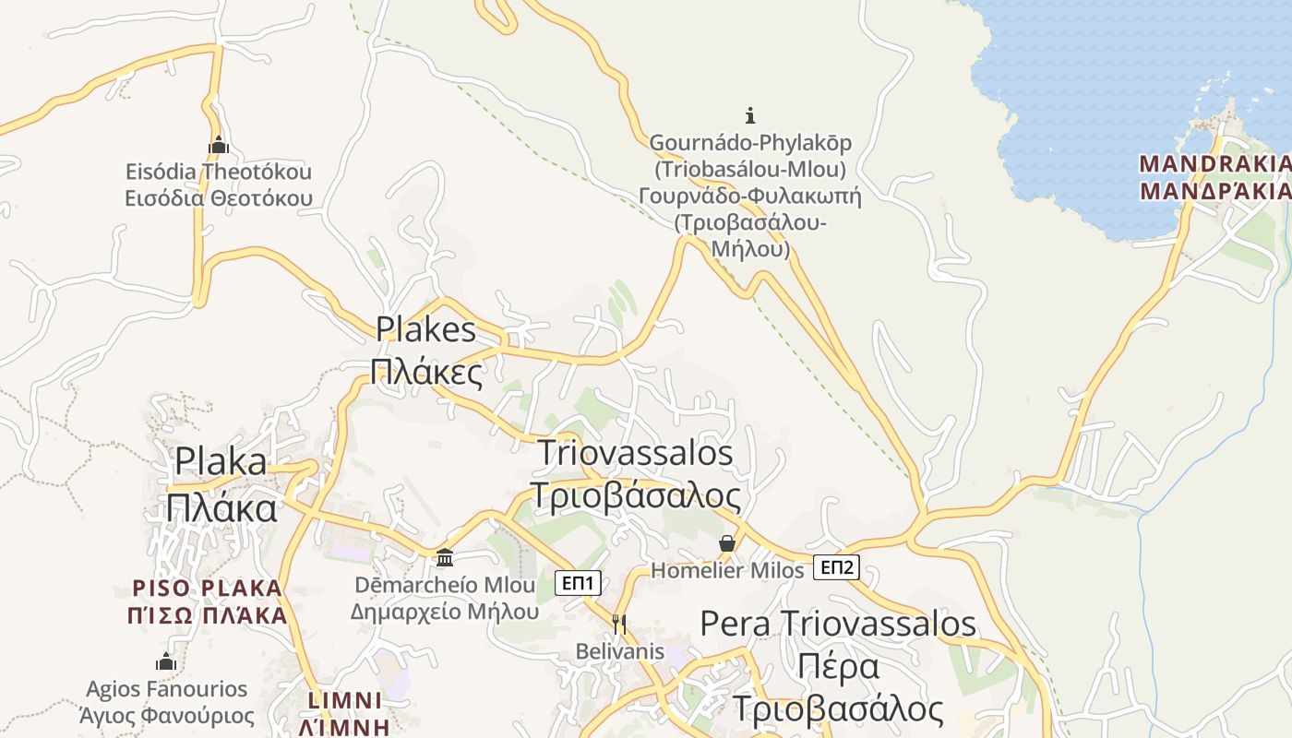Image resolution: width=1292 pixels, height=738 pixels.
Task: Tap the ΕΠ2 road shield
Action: point(836,567)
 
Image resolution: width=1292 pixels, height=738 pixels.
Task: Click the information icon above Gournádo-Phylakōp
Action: point(750,115)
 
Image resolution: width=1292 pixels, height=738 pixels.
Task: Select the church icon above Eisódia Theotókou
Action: point(219,145)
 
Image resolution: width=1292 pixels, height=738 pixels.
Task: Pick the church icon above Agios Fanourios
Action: point(166,661)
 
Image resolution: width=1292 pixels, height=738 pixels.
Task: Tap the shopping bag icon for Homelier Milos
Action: point(727,543)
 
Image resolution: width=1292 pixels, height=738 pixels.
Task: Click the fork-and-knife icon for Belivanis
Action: point(619,625)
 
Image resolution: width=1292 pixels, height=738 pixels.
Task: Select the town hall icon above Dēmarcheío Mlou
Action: point(445,557)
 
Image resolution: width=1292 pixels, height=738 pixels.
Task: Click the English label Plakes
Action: point(425,329)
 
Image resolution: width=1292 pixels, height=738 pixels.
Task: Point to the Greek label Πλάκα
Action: point(221,507)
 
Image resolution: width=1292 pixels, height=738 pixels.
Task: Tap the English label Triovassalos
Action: point(635,453)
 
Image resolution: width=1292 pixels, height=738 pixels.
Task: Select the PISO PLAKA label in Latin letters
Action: point(207,589)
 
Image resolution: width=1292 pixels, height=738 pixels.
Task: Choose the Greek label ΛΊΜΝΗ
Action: point(344,726)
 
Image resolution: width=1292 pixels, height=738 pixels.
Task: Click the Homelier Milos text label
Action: point(728,571)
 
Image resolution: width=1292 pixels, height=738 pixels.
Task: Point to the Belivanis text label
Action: point(619,651)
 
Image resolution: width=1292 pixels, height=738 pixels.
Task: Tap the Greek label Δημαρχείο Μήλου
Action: point(444,612)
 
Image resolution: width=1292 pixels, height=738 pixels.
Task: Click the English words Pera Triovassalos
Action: point(838,624)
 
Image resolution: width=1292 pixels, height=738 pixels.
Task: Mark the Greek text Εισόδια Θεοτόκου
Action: point(219,198)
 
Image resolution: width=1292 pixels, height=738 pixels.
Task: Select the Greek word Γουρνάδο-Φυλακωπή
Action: point(749,196)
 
